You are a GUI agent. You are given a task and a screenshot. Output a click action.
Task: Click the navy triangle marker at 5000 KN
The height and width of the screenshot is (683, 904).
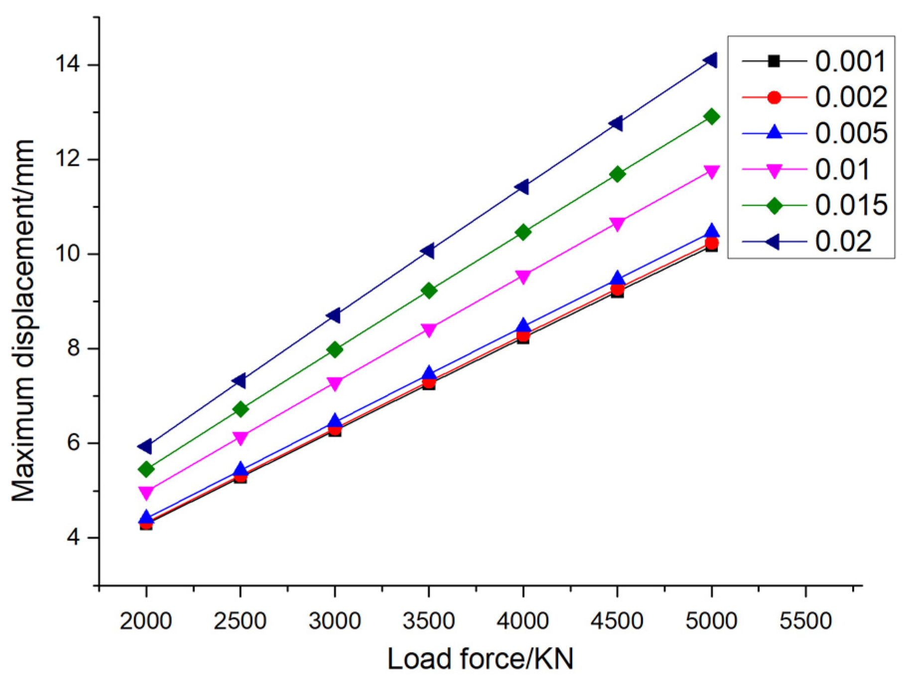pos(710,61)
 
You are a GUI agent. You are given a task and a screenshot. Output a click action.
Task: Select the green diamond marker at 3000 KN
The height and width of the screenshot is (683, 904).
pos(335,350)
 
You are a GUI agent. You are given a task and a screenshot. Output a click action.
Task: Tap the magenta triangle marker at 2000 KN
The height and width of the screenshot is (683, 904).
pos(146,493)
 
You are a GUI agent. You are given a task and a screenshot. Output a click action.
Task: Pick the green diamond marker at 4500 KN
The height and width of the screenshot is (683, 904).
pos(617,174)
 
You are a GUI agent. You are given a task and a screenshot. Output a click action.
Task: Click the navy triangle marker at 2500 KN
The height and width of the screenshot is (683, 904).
pos(240,381)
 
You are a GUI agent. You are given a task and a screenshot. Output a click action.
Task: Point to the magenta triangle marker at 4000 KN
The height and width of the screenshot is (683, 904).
pos(523,277)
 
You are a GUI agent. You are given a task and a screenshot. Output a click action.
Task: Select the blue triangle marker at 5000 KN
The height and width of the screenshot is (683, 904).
pos(712,231)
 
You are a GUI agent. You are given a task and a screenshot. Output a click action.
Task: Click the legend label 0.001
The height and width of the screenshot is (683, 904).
pos(850,62)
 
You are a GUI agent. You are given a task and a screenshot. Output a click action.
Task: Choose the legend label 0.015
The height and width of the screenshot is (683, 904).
pos(851,205)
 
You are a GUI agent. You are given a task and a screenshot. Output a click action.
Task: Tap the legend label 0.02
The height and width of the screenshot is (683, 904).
pos(843,242)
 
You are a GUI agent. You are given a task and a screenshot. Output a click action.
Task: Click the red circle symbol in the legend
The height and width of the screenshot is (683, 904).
pos(774,98)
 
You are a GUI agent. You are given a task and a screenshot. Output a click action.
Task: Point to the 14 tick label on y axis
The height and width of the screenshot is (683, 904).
pos(69,65)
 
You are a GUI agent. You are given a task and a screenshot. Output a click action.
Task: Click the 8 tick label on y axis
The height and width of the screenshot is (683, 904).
pos(74,348)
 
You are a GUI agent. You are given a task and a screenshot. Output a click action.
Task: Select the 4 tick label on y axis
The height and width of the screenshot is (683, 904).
pos(74,538)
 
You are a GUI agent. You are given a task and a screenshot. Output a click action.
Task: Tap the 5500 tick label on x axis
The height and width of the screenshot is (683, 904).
pos(805,621)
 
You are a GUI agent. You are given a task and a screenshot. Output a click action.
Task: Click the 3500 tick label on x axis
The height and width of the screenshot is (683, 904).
pos(428,621)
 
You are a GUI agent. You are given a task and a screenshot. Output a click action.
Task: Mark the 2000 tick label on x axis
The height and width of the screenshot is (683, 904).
pos(145,621)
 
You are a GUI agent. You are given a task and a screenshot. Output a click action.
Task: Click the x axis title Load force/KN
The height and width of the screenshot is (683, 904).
pos(480,658)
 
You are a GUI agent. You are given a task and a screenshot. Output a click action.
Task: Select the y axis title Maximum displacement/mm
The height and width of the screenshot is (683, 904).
pos(23,320)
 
